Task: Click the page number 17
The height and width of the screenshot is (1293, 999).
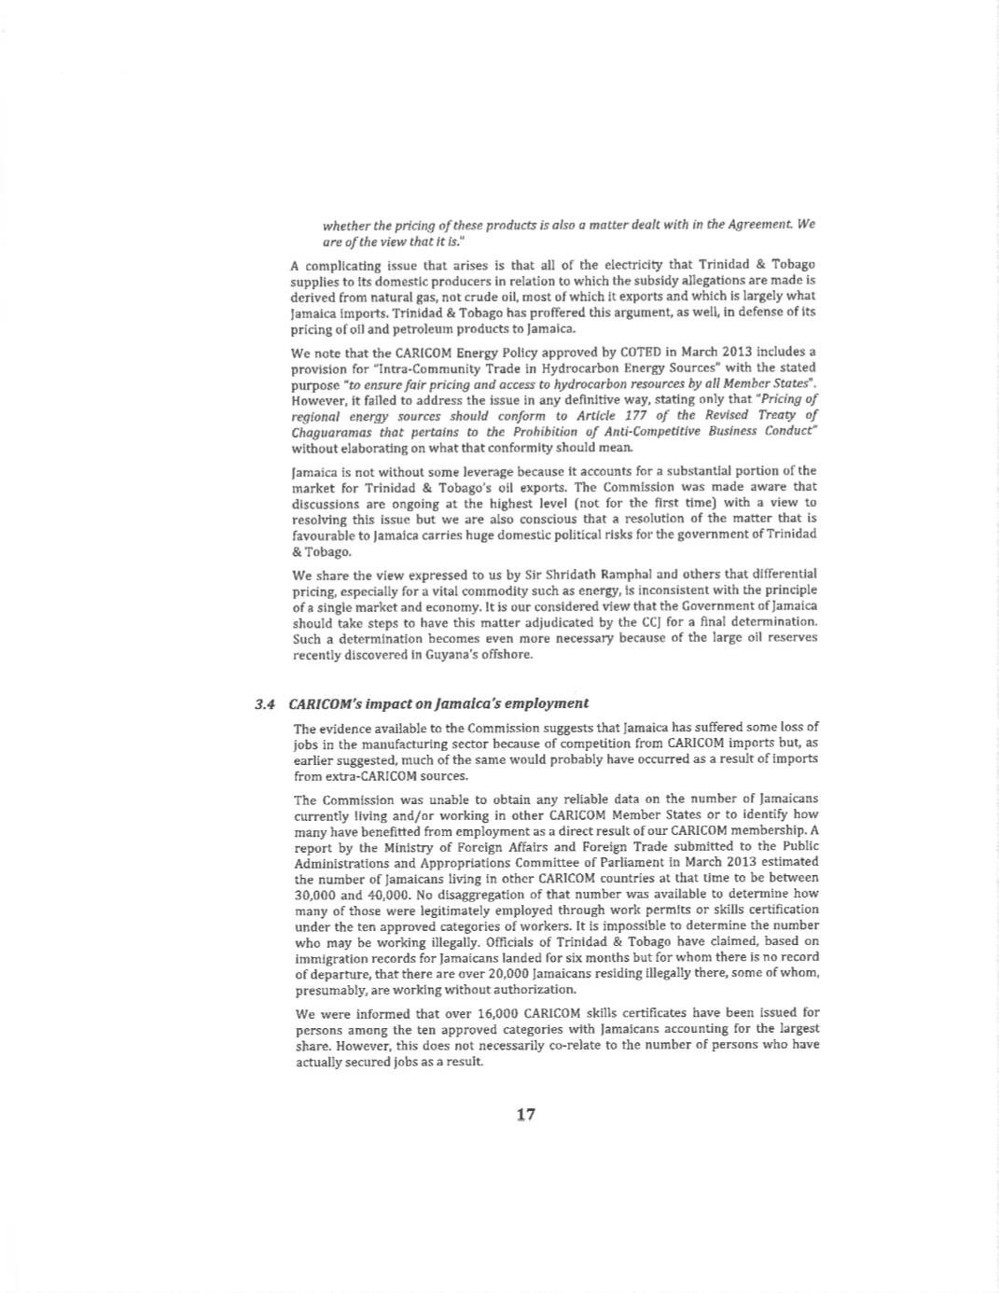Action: pyautogui.click(x=525, y=1114)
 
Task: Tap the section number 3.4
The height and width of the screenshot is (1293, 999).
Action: pyautogui.click(x=266, y=703)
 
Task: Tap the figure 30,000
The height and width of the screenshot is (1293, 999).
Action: pyautogui.click(x=316, y=893)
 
